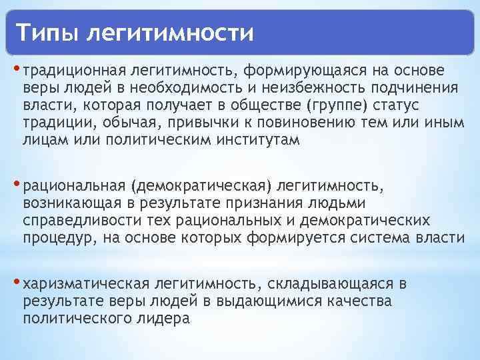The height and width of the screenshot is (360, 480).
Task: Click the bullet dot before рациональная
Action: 17,183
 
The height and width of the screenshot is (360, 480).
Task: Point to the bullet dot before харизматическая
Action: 17,283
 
